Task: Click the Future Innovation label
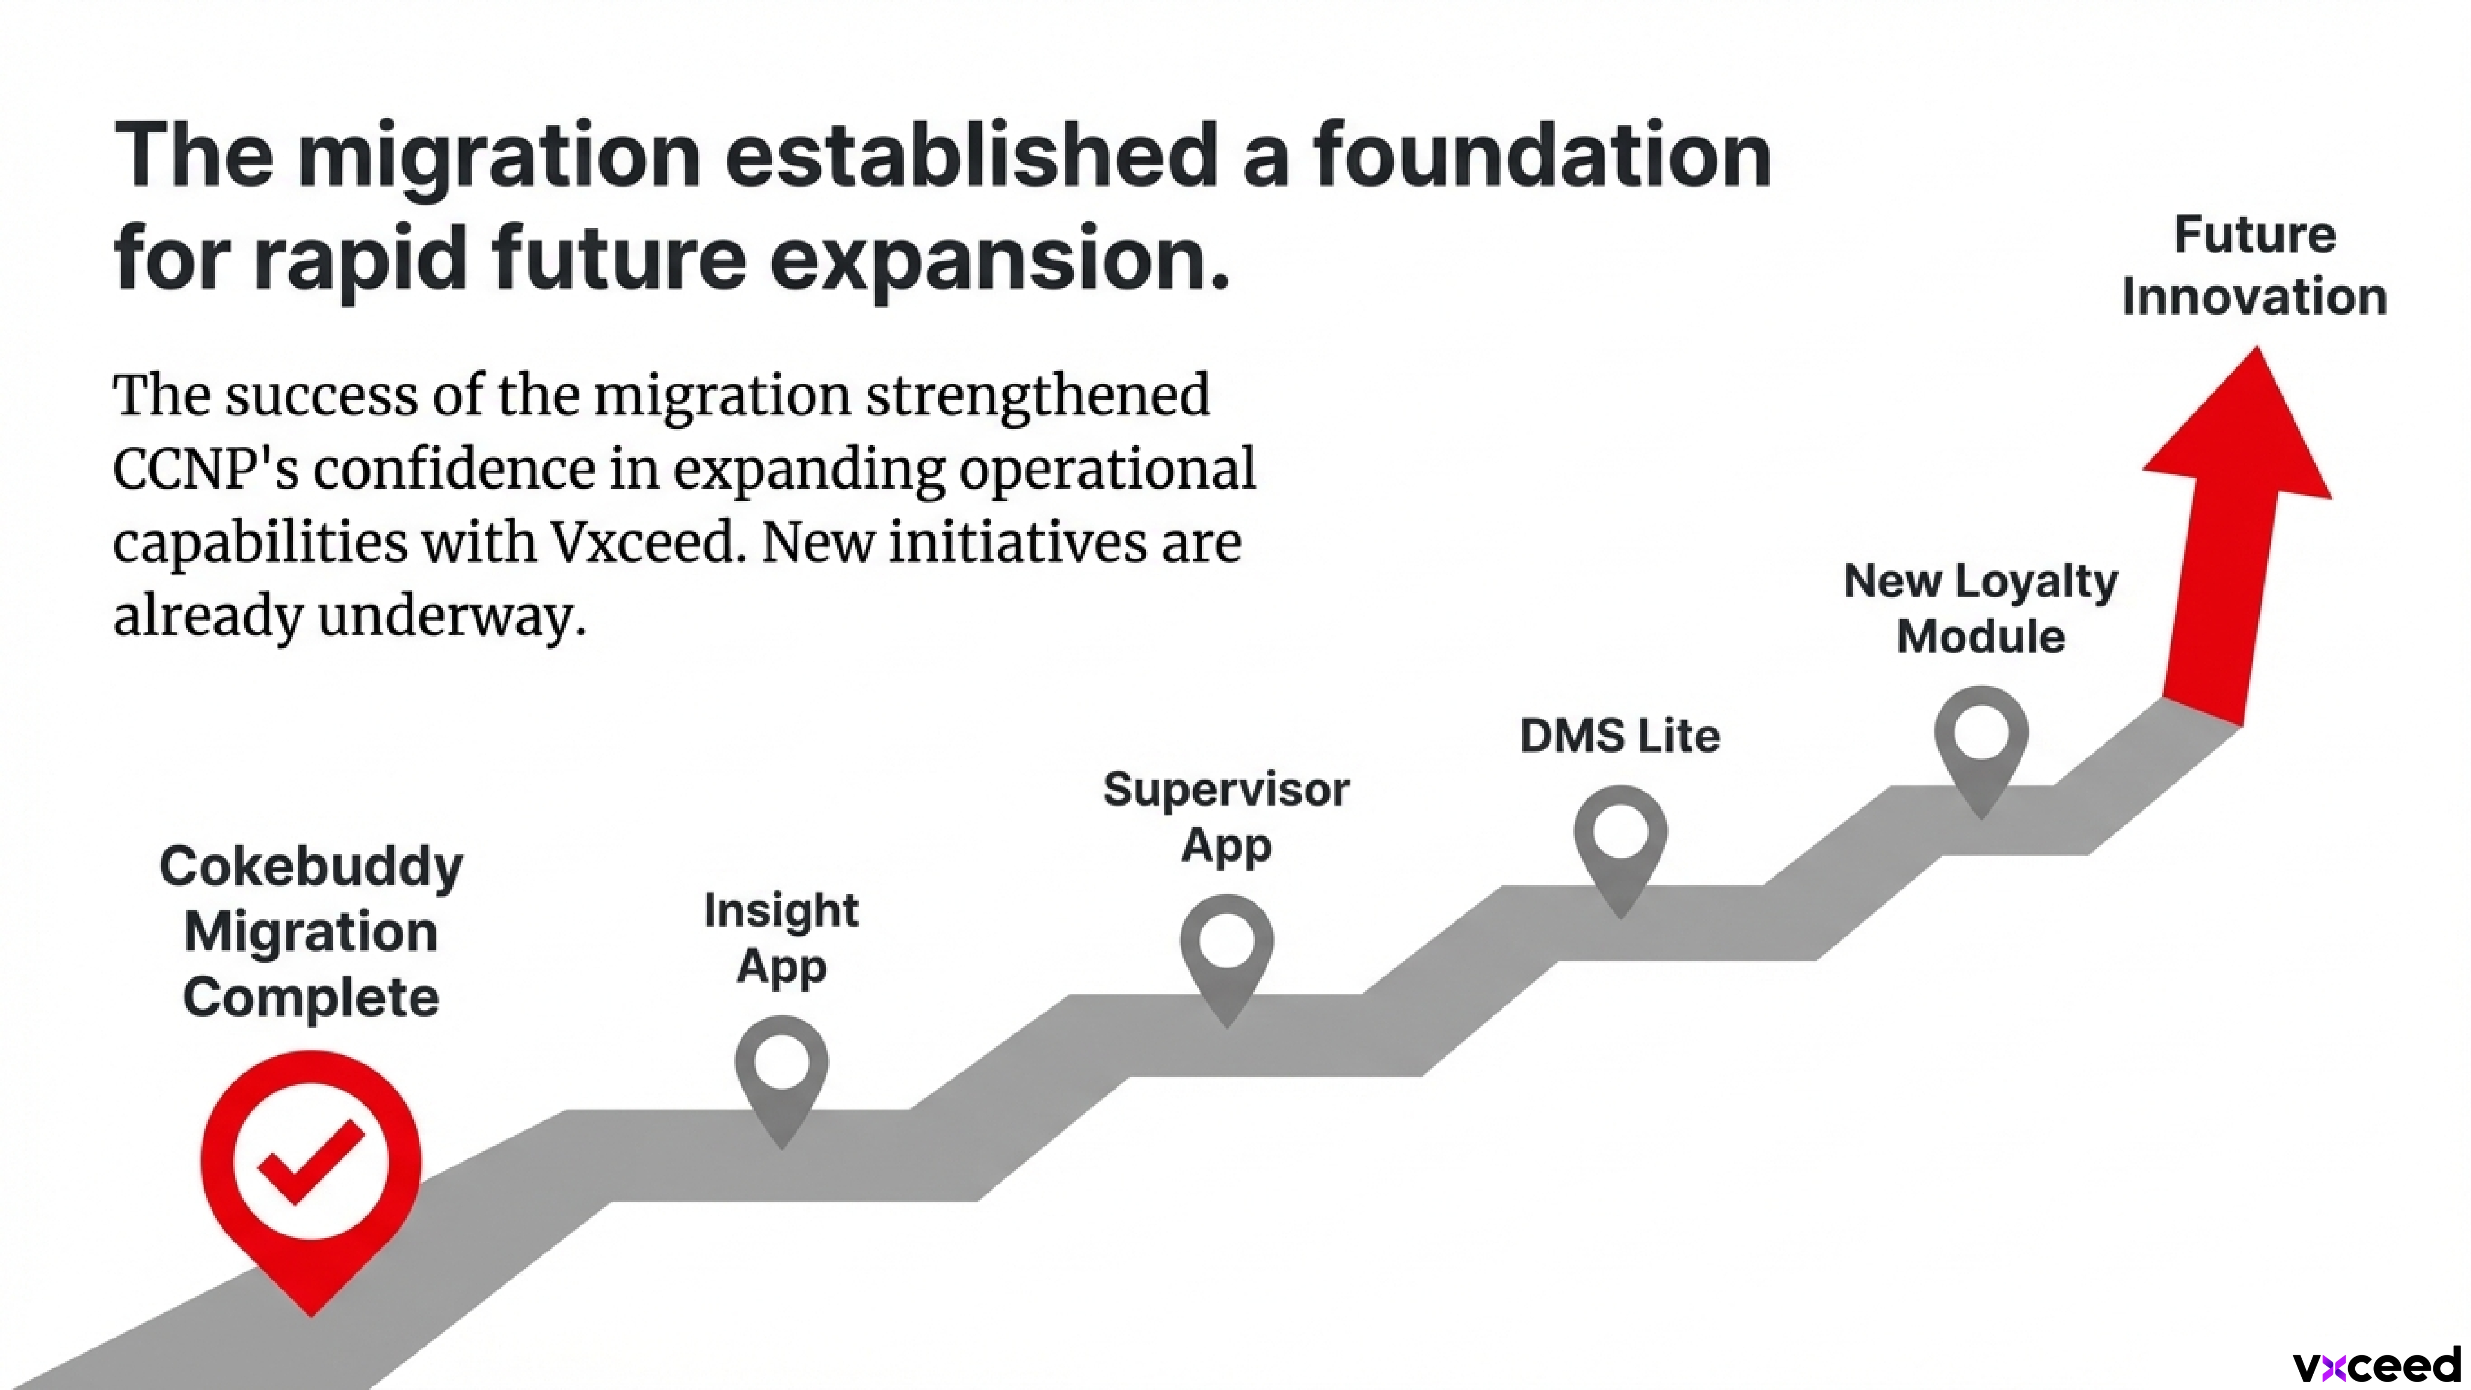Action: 2254,266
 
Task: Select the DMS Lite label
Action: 1620,736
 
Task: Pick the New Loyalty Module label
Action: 1981,608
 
